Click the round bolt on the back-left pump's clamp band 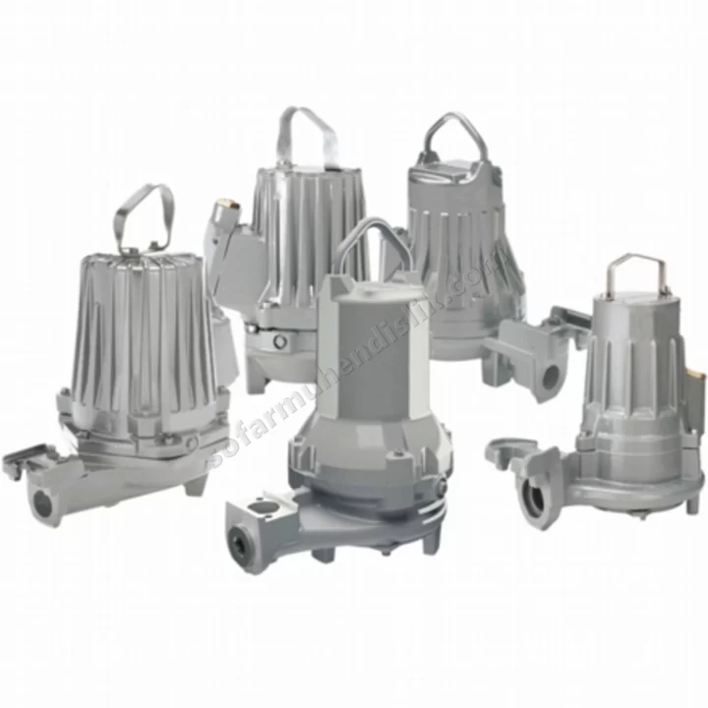click(x=281, y=341)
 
